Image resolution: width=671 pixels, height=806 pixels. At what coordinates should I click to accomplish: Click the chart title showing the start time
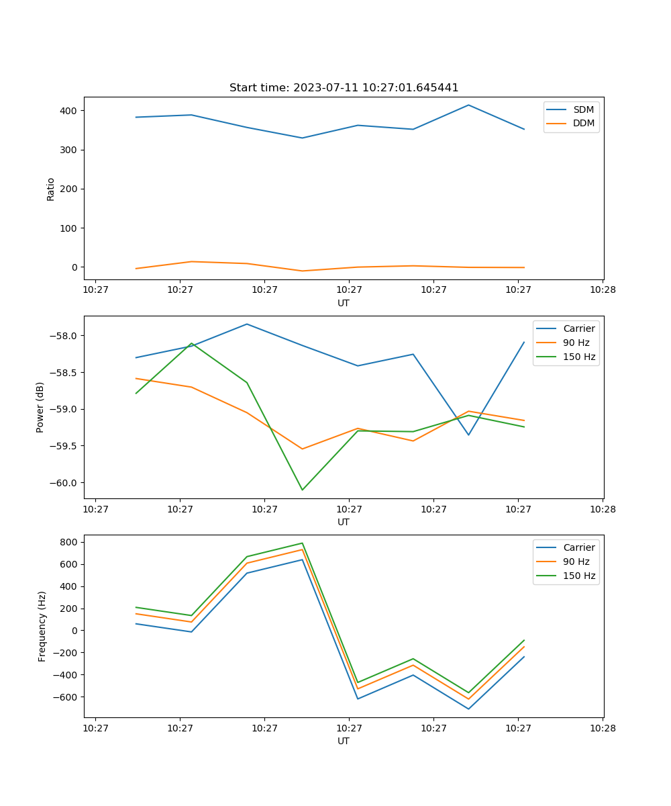click(x=344, y=88)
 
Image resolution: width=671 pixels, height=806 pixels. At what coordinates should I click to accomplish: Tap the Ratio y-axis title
click(x=51, y=189)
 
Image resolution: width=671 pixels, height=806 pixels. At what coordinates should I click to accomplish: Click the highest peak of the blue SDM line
click(x=468, y=105)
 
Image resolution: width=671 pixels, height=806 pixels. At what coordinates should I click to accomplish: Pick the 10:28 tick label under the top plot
click(x=603, y=290)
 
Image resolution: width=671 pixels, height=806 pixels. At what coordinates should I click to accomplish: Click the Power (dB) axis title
click(x=40, y=407)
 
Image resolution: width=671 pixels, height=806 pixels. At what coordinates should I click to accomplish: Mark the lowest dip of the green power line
click(x=302, y=490)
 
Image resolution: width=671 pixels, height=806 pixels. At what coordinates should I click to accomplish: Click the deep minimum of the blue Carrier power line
click(x=468, y=435)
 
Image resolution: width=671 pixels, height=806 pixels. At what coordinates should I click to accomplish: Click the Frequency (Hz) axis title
click(x=42, y=626)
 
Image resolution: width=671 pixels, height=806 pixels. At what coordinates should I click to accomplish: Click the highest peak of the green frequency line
click(x=302, y=543)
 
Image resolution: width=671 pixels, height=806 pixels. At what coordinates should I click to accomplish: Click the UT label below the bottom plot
click(x=344, y=741)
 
